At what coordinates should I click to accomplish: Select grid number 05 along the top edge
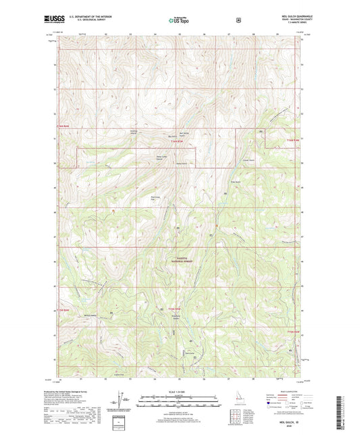click(x=180, y=32)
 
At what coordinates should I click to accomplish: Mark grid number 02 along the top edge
click(x=106, y=32)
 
